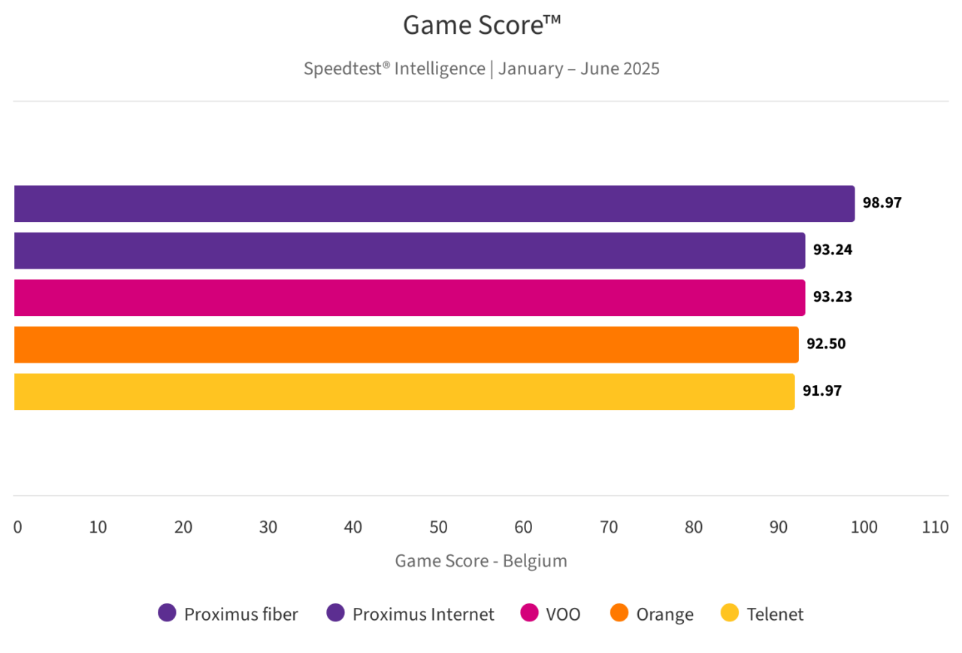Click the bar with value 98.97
pyautogui.click(x=434, y=204)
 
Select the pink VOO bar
pyautogui.click(x=410, y=298)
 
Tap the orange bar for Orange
pyautogui.click(x=406, y=345)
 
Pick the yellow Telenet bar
pyautogui.click(x=404, y=392)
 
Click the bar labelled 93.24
pyautogui.click(x=410, y=251)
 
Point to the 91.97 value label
pyautogui.click(x=821, y=391)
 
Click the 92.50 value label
pyautogui.click(x=826, y=345)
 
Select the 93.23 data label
pyautogui.click(x=832, y=297)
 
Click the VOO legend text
pyautogui.click(x=564, y=614)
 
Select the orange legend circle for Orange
pyautogui.click(x=619, y=613)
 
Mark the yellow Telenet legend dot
pyautogui.click(x=730, y=613)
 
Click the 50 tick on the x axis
pyautogui.click(x=439, y=527)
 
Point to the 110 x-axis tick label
pyautogui.click(x=936, y=527)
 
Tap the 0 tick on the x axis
pyautogui.click(x=18, y=527)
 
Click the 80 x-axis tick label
pyautogui.click(x=694, y=527)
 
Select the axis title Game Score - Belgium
pyautogui.click(x=481, y=561)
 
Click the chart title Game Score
pyautogui.click(x=482, y=26)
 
